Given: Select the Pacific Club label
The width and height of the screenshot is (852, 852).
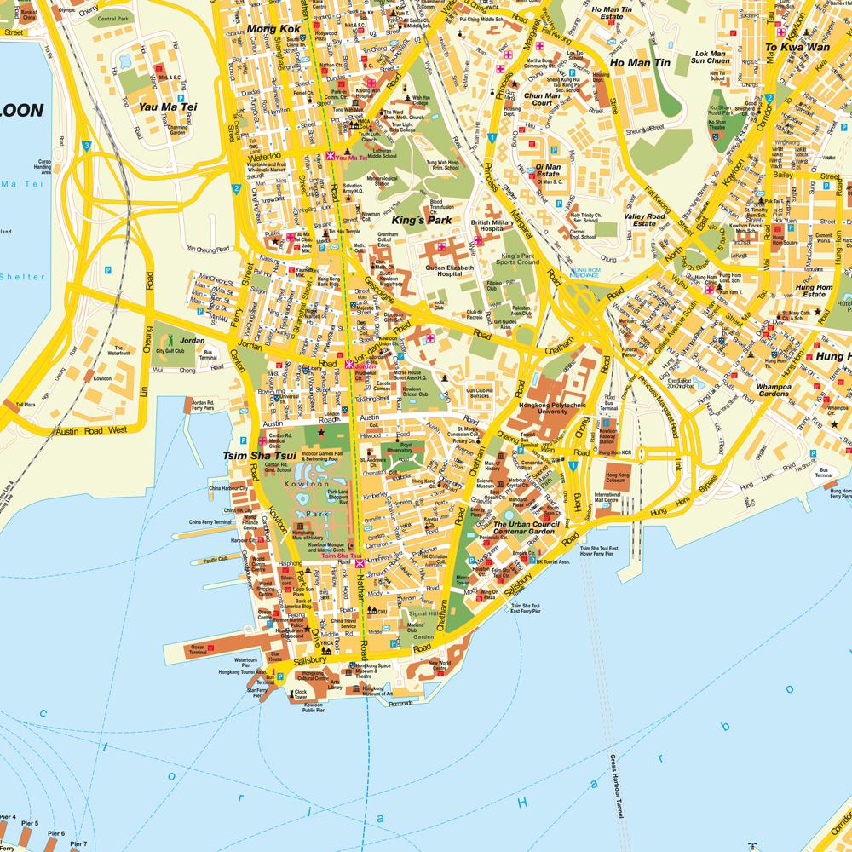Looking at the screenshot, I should tap(216, 560).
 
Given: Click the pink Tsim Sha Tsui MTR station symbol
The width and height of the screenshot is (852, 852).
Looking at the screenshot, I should tap(360, 564).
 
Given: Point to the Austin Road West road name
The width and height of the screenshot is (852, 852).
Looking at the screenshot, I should tap(91, 430).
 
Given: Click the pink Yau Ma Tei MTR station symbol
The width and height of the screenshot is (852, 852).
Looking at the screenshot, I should tap(331, 157).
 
